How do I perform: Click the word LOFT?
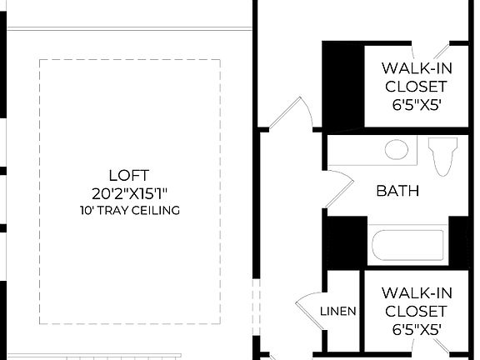129,175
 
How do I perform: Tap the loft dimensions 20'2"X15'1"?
129,193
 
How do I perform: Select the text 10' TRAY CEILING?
129,211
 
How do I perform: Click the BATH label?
397,192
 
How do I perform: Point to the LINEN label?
338,312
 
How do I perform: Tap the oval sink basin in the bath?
397,151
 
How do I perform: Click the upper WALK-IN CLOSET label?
416,77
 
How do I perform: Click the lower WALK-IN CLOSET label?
416,302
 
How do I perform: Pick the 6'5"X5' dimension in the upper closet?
416,105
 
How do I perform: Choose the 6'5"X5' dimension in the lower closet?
416,329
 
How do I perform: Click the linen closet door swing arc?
305,308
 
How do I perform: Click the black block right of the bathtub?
460,241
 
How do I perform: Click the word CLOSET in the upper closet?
416,86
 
